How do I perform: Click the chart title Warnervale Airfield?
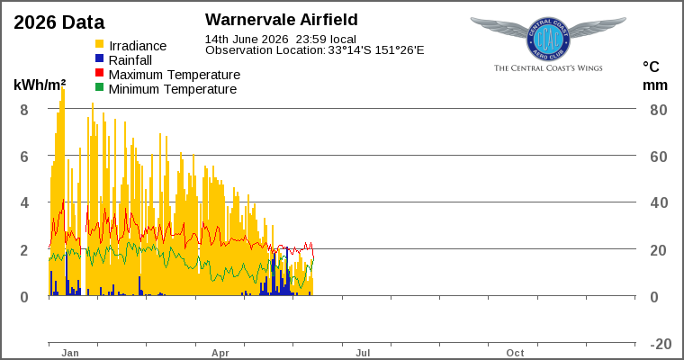point(282,20)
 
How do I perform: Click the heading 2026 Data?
point(59,22)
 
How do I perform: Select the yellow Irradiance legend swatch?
point(100,44)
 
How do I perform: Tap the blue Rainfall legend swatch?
point(100,58)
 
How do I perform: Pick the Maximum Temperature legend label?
point(175,75)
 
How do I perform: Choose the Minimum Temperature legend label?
point(173,89)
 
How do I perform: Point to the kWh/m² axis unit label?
point(40,85)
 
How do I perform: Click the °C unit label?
point(651,67)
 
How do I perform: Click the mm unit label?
point(655,85)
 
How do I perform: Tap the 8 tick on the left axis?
point(24,110)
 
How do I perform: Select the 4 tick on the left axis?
point(24,202)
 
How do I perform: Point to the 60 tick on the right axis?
point(659,157)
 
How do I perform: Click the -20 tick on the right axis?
point(661,344)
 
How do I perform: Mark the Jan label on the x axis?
point(70,353)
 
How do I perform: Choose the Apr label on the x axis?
point(220,353)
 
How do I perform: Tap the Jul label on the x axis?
point(363,353)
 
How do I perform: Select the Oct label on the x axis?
point(515,353)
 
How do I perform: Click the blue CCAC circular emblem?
point(548,40)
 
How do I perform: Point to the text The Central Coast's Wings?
point(548,68)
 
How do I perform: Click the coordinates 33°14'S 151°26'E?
point(376,50)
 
